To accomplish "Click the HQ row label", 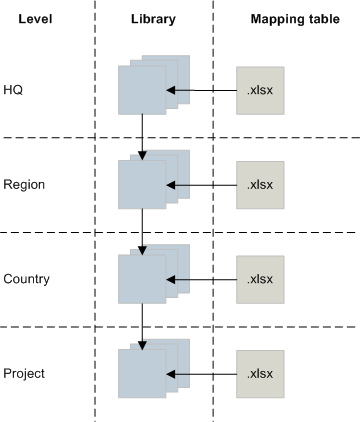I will pos(13,89).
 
